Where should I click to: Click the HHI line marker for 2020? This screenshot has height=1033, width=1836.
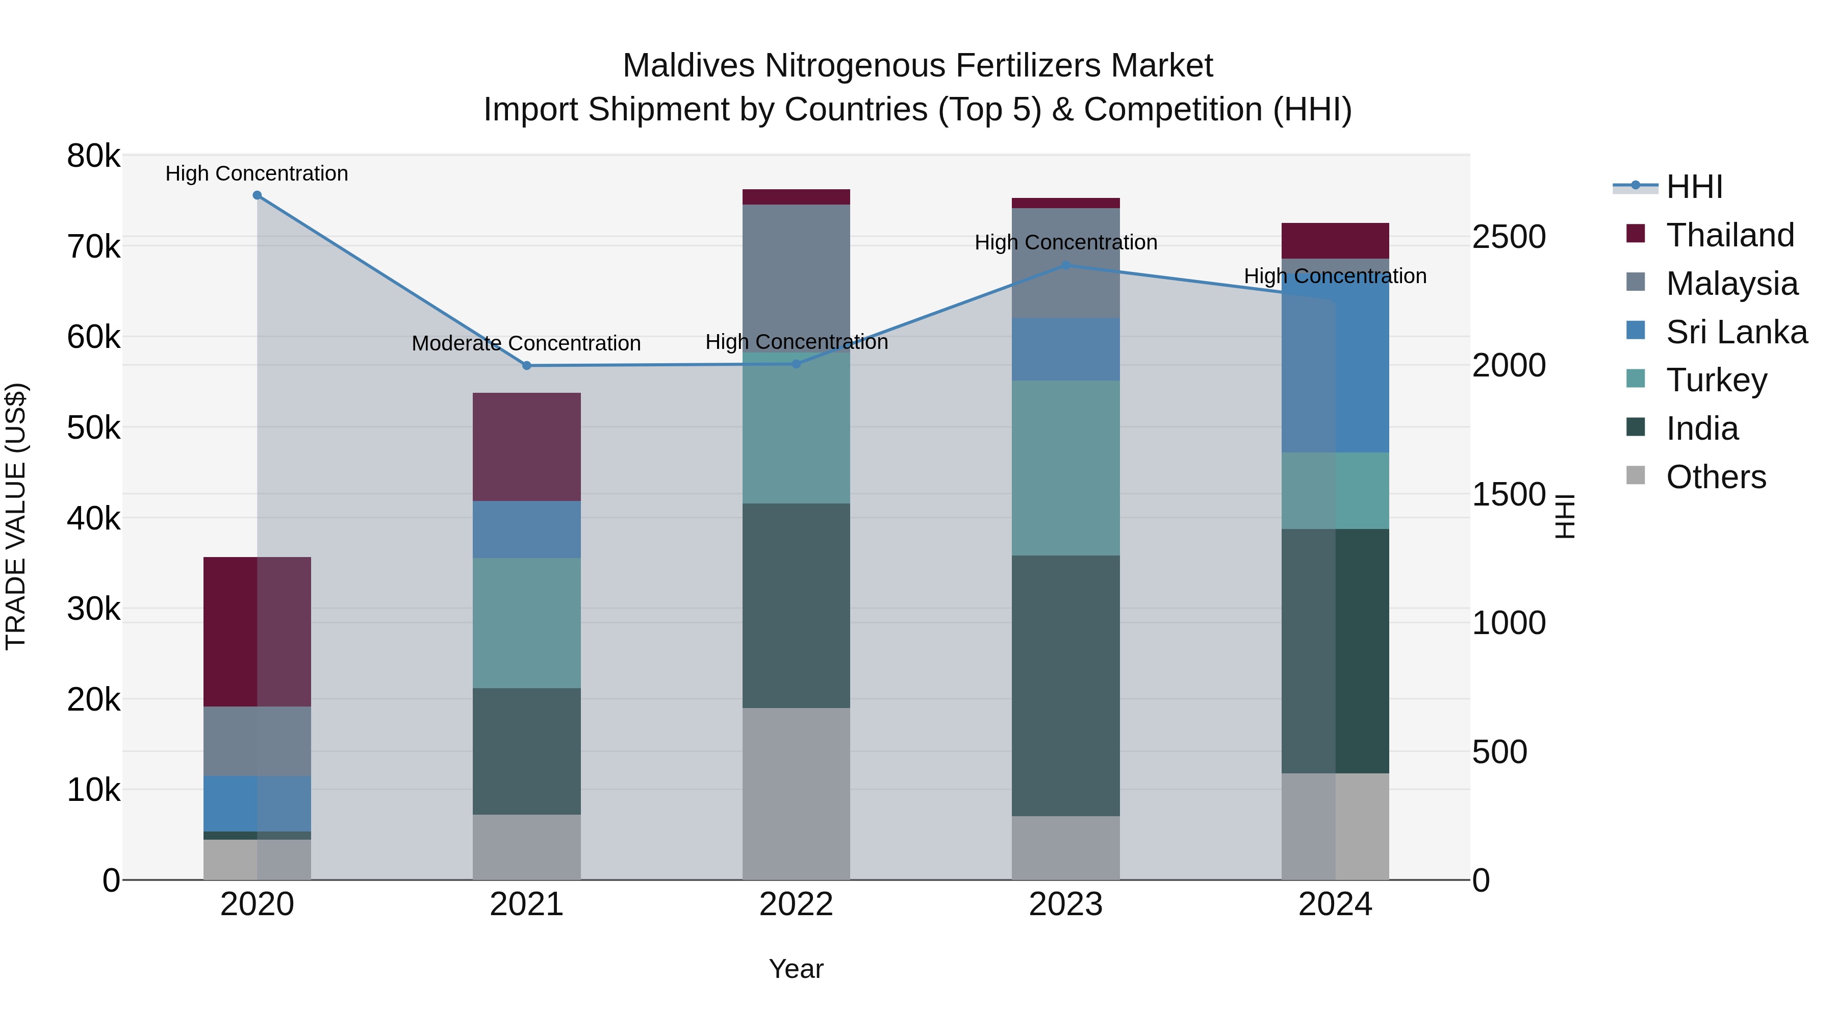click(258, 195)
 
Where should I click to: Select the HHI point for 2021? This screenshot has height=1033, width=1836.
click(527, 366)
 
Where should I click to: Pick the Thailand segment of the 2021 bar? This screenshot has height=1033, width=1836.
click(527, 447)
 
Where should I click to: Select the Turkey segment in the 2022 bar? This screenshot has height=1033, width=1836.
click(796, 428)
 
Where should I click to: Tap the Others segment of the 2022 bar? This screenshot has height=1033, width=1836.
click(796, 793)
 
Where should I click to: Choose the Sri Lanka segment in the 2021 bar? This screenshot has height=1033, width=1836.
click(527, 530)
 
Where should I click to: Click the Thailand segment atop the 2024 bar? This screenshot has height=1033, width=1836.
click(1335, 241)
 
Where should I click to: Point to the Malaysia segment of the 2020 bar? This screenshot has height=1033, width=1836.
click(258, 741)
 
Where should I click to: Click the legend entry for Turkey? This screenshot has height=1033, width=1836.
click(1716, 380)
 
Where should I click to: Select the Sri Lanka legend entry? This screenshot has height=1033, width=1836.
click(1736, 332)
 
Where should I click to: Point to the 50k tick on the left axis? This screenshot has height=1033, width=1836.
click(93, 428)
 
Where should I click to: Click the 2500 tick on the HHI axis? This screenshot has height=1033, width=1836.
click(1509, 237)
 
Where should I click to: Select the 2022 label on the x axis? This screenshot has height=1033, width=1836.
click(796, 904)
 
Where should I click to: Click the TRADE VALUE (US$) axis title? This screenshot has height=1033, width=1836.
click(16, 516)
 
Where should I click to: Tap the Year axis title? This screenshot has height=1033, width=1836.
click(796, 969)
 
